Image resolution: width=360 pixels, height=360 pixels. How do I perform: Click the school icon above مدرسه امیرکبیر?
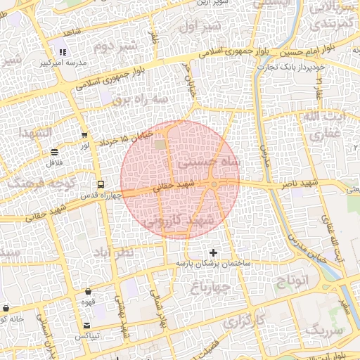point(63,52)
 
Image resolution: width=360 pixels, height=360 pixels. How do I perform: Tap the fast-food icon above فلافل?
point(55,152)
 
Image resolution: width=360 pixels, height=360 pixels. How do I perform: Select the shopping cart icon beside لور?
point(85,136)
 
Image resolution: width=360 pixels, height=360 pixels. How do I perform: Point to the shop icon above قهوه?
point(89,291)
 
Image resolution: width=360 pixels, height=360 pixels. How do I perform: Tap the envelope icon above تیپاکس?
point(86,326)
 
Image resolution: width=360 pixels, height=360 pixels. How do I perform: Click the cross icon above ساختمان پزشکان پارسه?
point(214,252)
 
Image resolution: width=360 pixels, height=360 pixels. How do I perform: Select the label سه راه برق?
point(144,99)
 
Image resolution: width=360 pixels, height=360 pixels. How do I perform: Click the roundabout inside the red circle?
point(214,184)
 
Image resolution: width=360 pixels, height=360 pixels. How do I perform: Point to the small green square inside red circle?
point(161,144)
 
